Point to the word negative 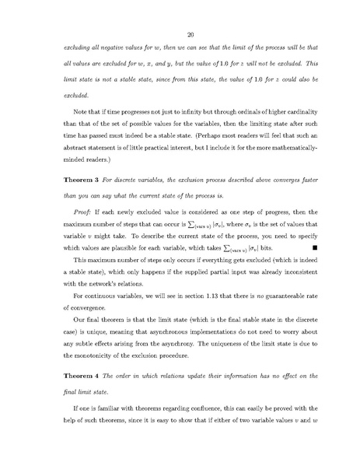(112, 48)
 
